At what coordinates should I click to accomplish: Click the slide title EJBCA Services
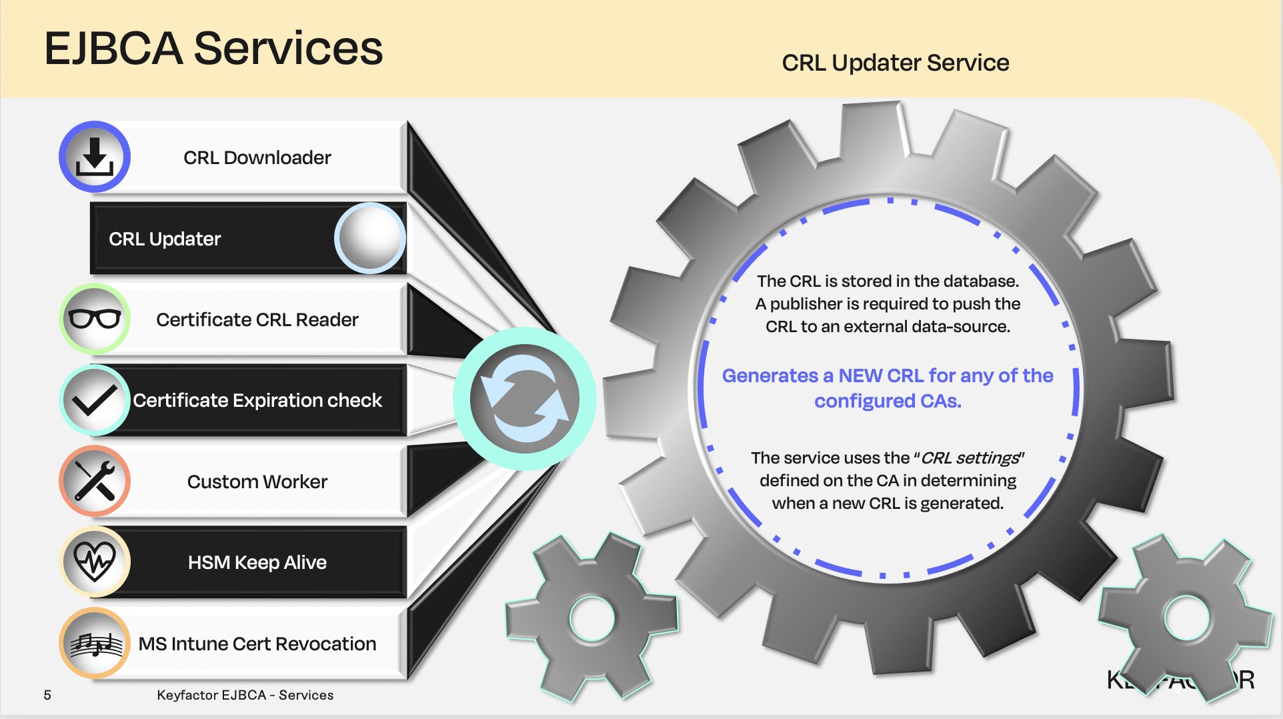click(213, 49)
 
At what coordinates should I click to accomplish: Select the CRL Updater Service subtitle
click(895, 63)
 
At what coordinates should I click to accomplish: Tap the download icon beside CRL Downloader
click(95, 157)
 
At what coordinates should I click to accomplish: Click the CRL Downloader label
click(257, 157)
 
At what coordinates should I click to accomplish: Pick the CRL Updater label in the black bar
click(165, 239)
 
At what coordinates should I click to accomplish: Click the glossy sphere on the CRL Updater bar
click(370, 237)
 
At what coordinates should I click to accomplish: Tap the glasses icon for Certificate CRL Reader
click(95, 319)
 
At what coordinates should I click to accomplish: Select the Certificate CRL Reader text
click(257, 319)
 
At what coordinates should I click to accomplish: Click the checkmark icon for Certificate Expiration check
click(95, 400)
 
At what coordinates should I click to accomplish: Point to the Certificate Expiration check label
click(257, 400)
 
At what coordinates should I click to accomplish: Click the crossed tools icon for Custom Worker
click(95, 481)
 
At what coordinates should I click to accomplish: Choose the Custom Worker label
click(257, 482)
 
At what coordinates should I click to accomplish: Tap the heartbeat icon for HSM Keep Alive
click(95, 562)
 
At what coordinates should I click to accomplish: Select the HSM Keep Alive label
click(257, 562)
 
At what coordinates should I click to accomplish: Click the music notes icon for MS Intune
click(95, 643)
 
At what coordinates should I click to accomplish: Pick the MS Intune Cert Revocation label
click(257, 644)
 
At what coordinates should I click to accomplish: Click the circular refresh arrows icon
click(524, 399)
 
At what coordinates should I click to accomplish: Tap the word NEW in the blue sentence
click(860, 376)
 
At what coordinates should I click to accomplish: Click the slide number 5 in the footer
click(47, 695)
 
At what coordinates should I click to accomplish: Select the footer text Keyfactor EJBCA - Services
click(245, 695)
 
